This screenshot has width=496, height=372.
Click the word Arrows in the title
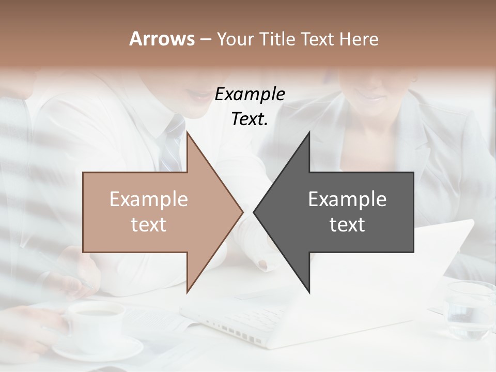[162, 39]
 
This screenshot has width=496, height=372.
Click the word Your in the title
[235, 39]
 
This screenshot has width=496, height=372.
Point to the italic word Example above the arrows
[250, 95]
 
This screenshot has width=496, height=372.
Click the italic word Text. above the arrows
[250, 119]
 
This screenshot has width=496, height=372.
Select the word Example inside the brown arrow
[149, 199]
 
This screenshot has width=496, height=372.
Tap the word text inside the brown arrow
[149, 225]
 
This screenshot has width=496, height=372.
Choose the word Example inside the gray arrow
[347, 199]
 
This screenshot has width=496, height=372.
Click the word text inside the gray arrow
[347, 225]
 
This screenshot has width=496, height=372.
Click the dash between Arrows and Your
[205, 39]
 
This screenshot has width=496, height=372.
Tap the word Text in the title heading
[316, 39]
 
